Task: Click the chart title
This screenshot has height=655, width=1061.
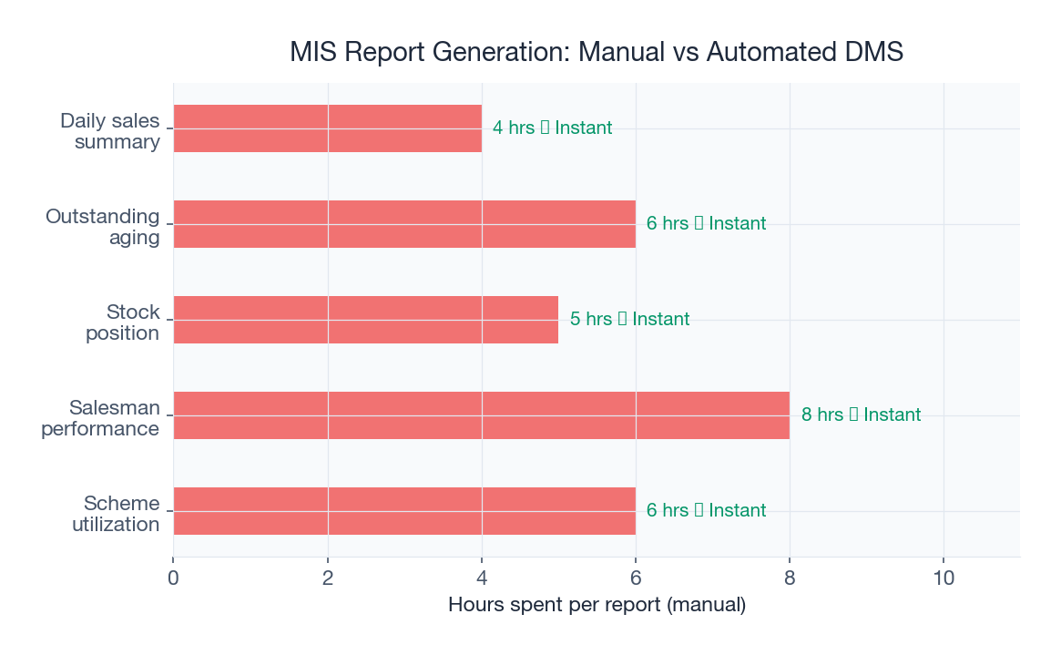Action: click(597, 52)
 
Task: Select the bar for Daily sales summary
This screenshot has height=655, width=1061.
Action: click(328, 128)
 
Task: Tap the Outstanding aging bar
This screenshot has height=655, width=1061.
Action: click(404, 224)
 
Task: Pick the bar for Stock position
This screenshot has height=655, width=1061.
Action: click(366, 320)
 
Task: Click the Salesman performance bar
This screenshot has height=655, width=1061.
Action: click(481, 415)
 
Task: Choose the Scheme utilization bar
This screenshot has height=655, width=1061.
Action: click(404, 511)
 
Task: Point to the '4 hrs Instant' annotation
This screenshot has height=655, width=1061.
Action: click(552, 128)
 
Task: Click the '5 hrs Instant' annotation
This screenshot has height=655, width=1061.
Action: click(629, 320)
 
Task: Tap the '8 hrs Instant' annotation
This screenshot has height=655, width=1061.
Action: click(861, 415)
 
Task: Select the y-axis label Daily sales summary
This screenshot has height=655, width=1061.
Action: click(110, 131)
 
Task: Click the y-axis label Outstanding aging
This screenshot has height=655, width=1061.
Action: click(103, 227)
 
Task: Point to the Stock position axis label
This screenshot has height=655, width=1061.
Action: click(122, 322)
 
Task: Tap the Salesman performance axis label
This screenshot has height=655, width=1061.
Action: click(100, 418)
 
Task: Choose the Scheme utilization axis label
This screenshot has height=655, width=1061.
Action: click(116, 514)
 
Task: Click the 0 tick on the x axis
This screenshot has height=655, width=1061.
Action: click(173, 578)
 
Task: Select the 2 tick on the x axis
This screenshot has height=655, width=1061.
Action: click(328, 578)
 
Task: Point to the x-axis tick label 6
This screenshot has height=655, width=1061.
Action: click(636, 578)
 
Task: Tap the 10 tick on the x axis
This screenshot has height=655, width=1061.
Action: click(944, 578)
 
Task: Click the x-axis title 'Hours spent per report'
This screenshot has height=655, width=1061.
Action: click(597, 605)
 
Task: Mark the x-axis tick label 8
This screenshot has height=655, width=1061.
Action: click(790, 578)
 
